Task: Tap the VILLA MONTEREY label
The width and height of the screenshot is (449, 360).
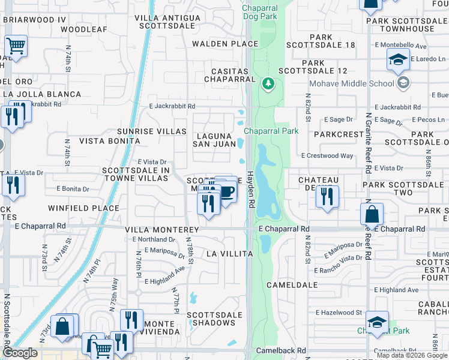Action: [162, 230]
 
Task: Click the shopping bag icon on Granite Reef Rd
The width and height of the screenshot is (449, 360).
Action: [372, 215]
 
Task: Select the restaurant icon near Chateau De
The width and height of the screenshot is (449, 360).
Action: [327, 197]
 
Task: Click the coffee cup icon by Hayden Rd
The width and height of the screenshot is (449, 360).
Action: [227, 191]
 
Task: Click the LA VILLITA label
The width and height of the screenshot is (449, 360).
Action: [229, 254]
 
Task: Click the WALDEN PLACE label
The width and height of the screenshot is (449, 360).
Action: [225, 44]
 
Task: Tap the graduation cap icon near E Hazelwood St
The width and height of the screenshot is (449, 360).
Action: [377, 323]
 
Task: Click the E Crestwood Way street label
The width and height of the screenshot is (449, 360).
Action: [330, 156]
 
